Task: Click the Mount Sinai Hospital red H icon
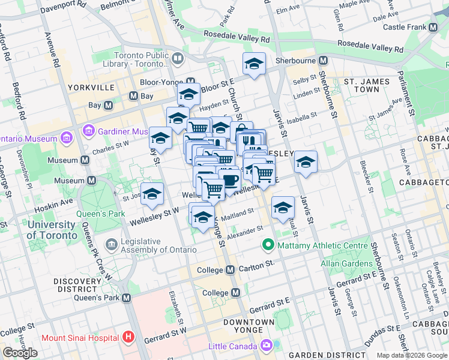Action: click(127, 337)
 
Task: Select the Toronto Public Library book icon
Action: click(178, 58)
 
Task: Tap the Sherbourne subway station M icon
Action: click(323, 61)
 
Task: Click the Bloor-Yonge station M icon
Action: click(191, 82)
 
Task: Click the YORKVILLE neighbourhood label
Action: click(91, 88)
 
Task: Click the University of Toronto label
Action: click(51, 230)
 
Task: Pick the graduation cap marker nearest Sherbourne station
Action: click(254, 64)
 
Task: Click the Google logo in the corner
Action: click(20, 353)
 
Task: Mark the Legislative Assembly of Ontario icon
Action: click(111, 245)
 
